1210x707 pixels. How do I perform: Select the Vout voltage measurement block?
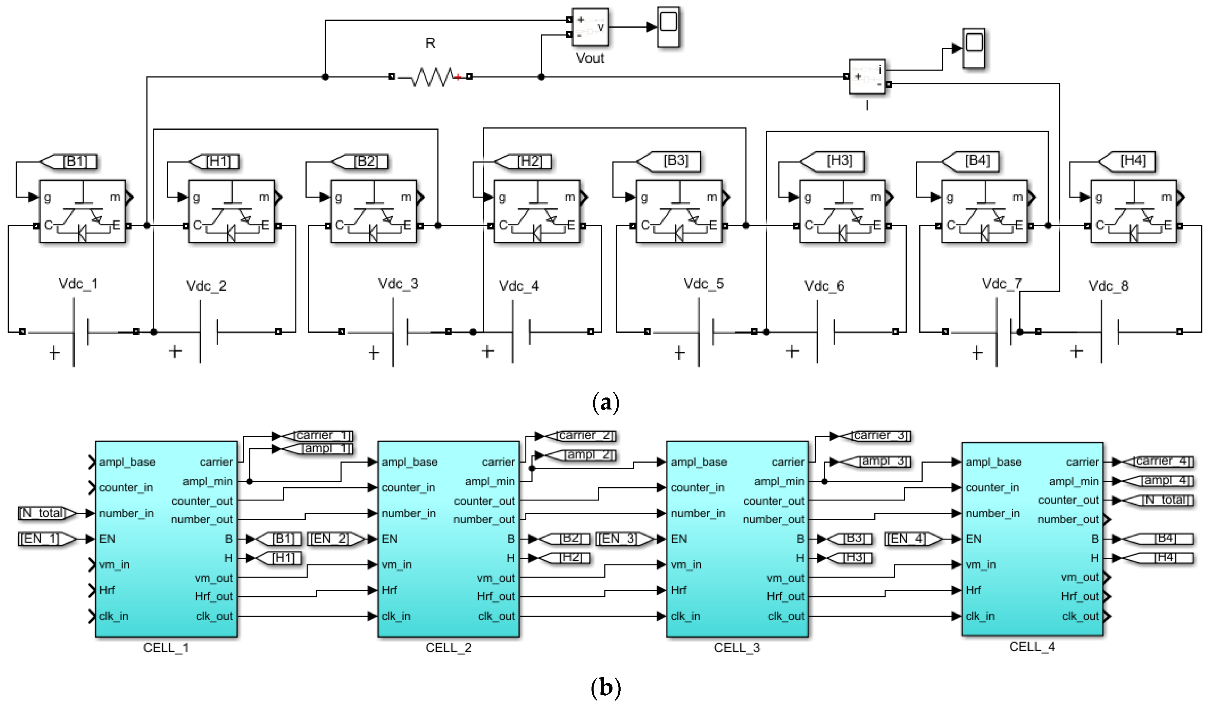pos(590,27)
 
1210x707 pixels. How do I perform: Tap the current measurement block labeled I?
pos(867,77)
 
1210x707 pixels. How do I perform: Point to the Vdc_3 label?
pos(398,284)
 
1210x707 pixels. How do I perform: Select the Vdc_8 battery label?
pos(1108,286)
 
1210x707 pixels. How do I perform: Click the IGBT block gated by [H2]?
pos(537,211)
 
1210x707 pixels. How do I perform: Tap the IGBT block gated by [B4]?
pos(984,211)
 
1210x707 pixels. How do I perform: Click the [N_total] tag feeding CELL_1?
pos(46,513)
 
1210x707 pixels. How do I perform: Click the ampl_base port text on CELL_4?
pos(993,462)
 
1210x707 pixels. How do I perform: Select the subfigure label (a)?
pos(606,402)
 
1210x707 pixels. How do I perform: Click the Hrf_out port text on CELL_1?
pos(214,597)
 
